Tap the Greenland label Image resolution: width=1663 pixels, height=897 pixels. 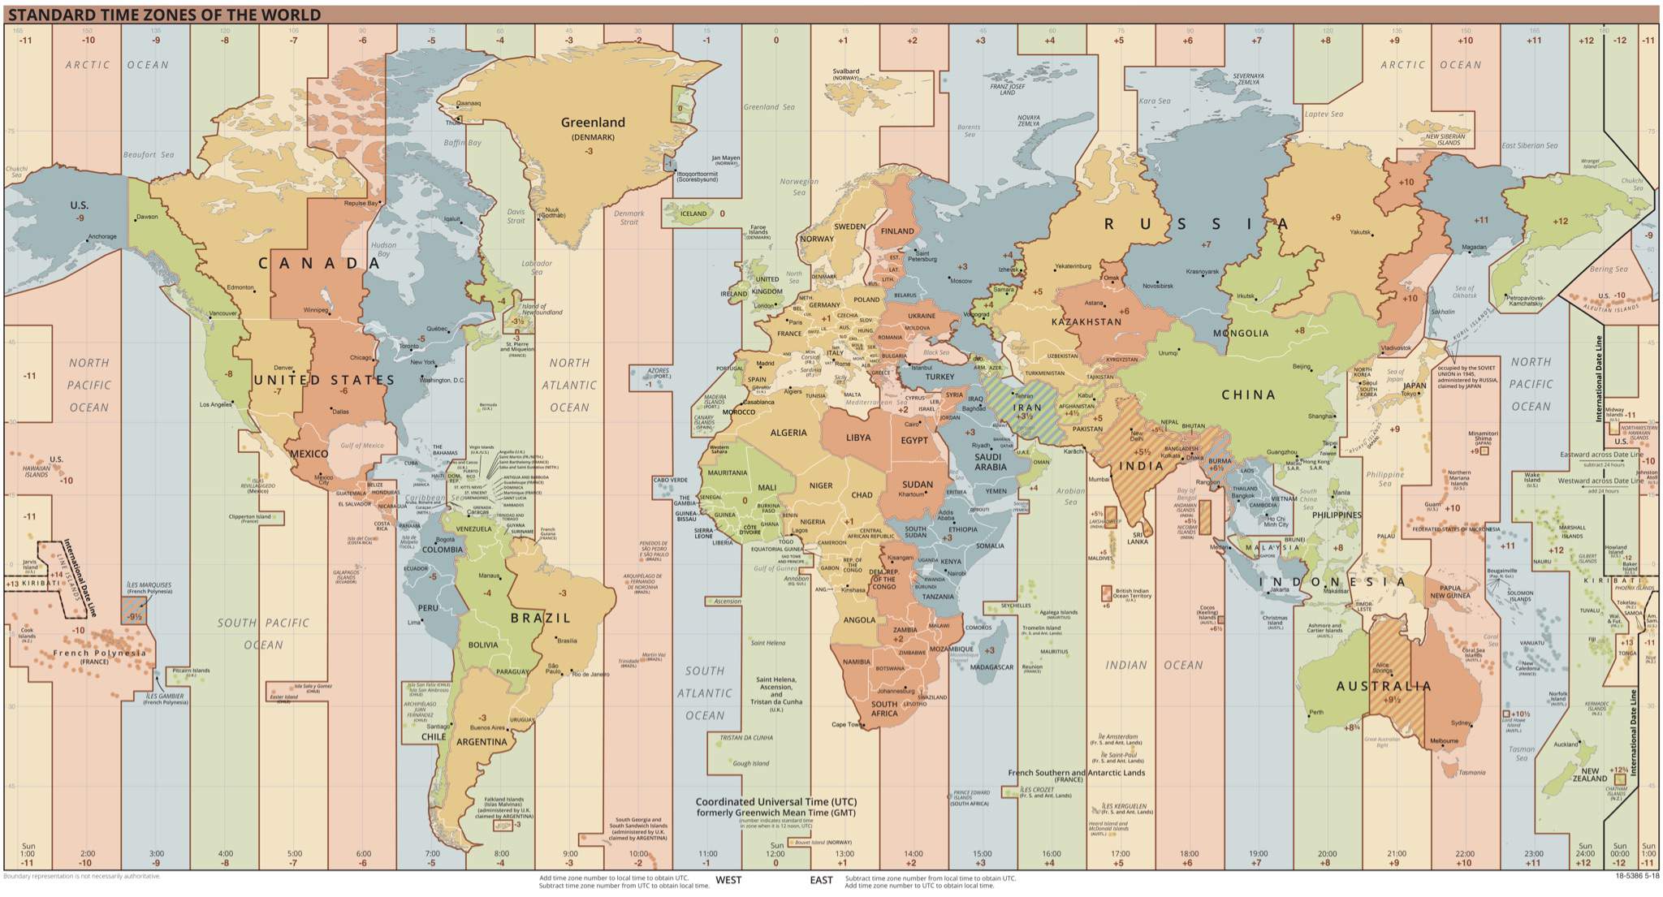[593, 123]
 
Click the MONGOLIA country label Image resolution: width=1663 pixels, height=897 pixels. [1241, 333]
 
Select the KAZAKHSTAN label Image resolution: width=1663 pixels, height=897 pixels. [1086, 322]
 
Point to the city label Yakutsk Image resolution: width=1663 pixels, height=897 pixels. [1360, 232]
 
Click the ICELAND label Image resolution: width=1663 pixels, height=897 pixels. [693, 214]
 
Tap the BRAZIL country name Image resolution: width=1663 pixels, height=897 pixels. [541, 618]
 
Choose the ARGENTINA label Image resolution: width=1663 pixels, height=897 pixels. [482, 741]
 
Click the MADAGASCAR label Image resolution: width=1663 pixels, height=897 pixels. [992, 667]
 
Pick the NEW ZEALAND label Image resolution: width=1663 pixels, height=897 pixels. [1589, 775]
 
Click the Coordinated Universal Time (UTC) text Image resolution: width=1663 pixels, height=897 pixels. [775, 801]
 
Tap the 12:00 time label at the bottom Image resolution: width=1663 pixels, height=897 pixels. [776, 854]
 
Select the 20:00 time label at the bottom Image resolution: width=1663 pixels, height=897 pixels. [1327, 854]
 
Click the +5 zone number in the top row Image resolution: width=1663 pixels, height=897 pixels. [1119, 40]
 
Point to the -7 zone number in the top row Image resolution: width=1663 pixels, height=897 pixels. [294, 40]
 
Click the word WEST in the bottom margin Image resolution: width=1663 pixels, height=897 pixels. [728, 880]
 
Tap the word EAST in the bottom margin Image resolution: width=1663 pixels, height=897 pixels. [821, 880]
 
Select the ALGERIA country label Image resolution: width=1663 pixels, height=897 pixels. [788, 433]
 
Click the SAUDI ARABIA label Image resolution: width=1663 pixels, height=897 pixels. [991, 461]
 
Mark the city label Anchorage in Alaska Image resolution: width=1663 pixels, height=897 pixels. [102, 237]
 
